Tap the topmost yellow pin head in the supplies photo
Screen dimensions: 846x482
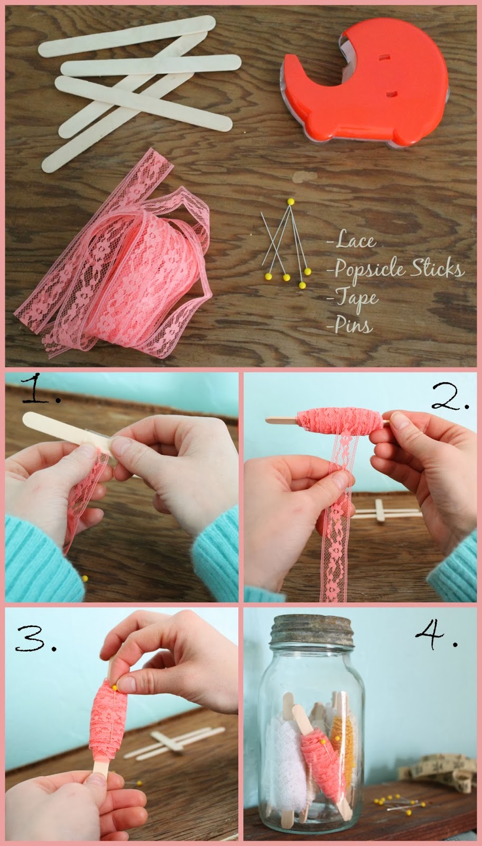(290, 201)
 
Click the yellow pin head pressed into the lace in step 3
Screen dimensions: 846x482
(114, 686)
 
